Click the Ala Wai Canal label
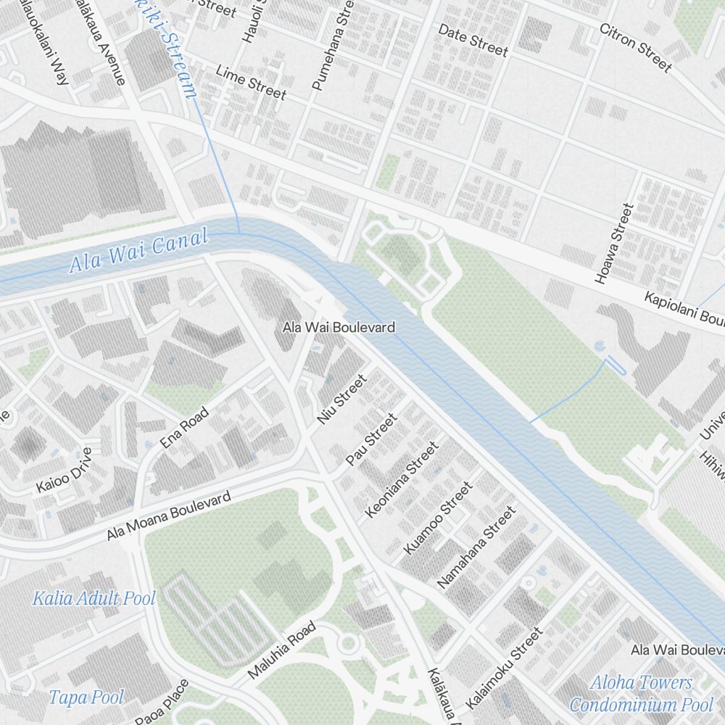click(138, 250)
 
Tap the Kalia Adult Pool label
click(94, 598)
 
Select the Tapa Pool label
click(86, 697)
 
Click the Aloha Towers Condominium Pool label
click(641, 693)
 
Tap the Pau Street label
click(371, 439)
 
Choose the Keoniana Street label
click(402, 480)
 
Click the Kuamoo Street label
click(438, 518)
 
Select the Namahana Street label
click(476, 547)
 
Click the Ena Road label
click(185, 428)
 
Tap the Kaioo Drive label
click(65, 471)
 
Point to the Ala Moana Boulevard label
click(168, 515)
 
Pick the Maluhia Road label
click(282, 650)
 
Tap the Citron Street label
click(635, 47)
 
